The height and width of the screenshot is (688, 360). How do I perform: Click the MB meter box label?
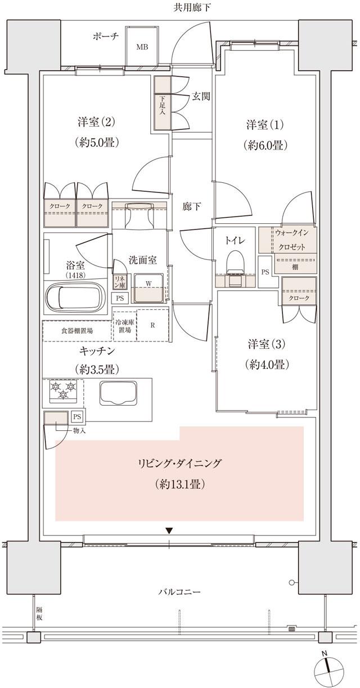[142, 47]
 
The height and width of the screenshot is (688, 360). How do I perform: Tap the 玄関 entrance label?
[201, 96]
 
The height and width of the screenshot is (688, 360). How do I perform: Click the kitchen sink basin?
[119, 392]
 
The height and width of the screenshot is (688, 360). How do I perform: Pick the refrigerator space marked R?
[153, 325]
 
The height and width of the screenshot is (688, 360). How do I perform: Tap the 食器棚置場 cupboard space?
[77, 331]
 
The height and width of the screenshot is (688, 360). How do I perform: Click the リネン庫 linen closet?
[119, 281]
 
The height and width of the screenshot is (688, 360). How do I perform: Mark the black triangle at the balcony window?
[169, 530]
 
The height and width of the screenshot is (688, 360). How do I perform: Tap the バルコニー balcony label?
[179, 592]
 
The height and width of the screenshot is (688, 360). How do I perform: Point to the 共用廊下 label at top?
[179, 8]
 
